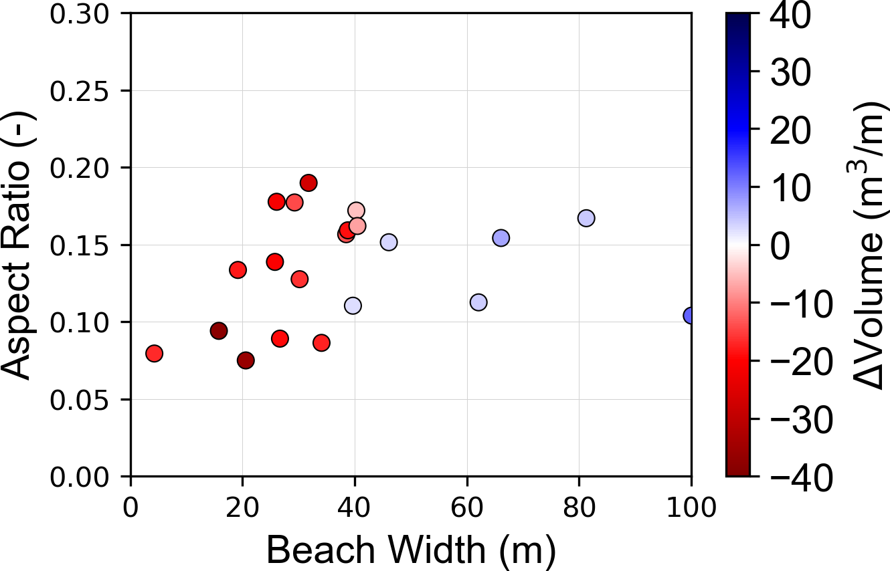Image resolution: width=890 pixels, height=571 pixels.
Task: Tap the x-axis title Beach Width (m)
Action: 411,550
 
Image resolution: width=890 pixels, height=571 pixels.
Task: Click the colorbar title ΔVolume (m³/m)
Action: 871,245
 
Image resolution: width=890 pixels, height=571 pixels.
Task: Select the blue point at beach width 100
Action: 690,316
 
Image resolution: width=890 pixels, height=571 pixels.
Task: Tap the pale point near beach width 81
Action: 586,218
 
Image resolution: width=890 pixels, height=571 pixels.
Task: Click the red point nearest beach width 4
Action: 155,353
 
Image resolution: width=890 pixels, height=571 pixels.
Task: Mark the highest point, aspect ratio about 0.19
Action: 308,183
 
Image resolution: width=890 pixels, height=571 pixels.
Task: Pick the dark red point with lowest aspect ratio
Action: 246,360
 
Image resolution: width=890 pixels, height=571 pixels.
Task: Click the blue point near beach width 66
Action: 501,237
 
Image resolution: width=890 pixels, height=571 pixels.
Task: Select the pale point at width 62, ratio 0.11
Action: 478,302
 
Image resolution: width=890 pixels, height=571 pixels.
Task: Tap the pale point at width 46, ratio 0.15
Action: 389,242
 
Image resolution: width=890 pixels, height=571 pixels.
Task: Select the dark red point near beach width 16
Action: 219,330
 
